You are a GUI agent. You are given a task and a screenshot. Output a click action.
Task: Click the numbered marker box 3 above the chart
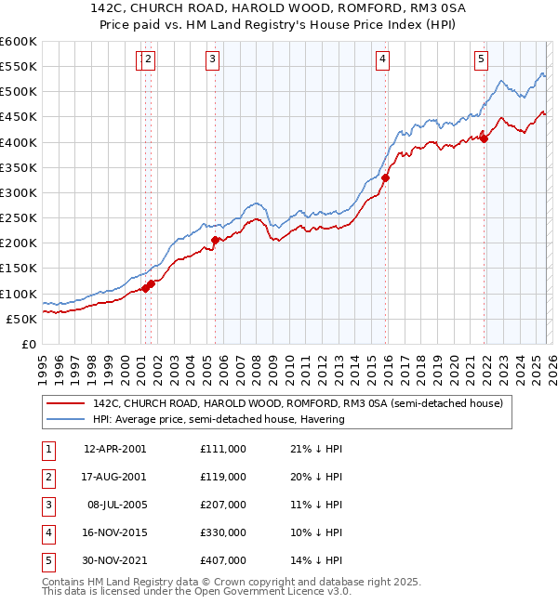pos(212,59)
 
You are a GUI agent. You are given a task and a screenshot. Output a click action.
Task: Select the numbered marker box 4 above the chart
pos(382,59)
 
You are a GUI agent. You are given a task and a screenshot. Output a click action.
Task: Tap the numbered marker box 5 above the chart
pos(481,59)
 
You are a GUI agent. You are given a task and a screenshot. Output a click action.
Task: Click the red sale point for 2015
pos(385,177)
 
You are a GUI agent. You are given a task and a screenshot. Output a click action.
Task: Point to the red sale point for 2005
pos(215,240)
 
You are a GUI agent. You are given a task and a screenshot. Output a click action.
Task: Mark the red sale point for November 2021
pos(484,139)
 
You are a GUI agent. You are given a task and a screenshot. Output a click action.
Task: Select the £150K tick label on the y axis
pos(19,269)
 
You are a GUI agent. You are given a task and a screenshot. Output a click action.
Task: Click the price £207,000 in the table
pos(222,505)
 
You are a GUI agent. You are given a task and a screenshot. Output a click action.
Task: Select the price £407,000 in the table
pos(222,560)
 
